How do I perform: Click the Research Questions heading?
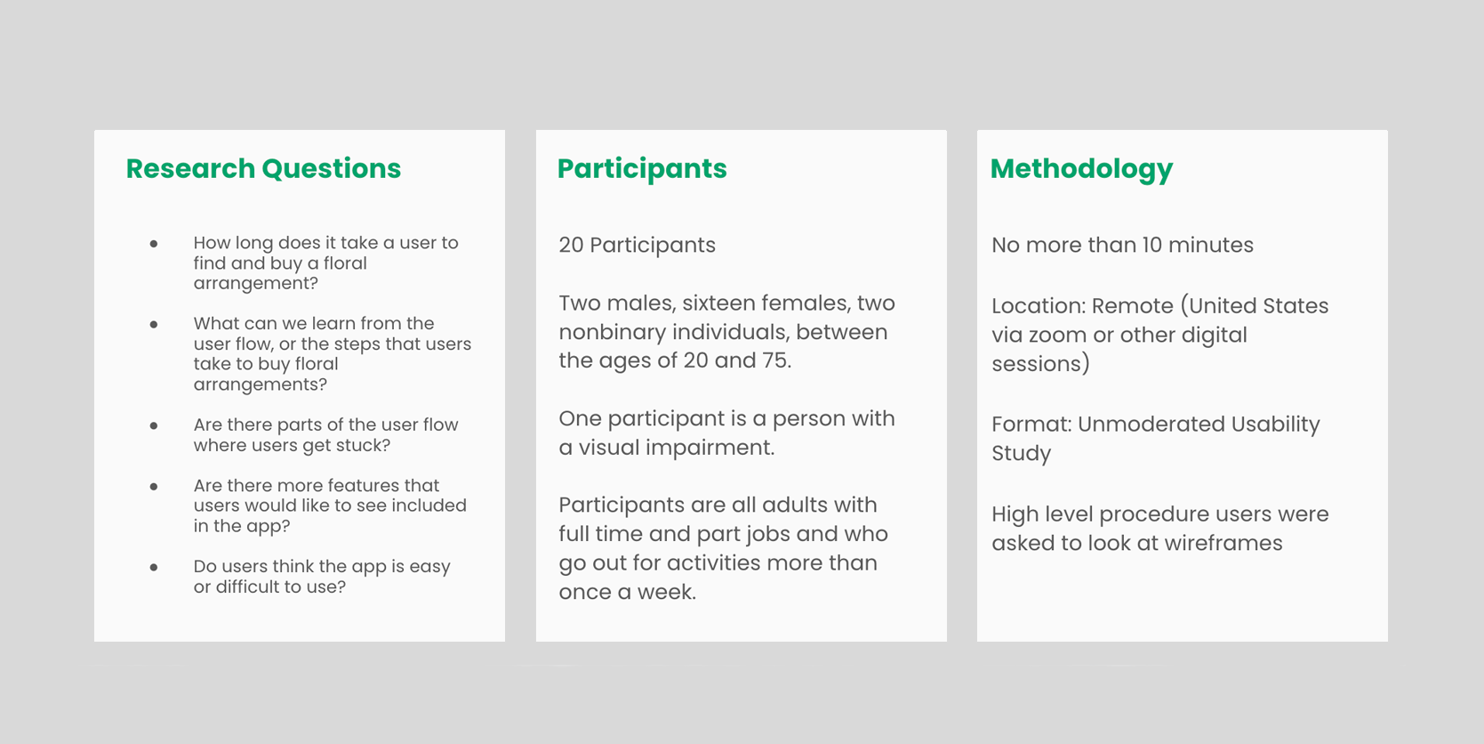[x=263, y=168]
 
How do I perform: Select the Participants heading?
[x=642, y=169]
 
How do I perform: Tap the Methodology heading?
[x=1081, y=169]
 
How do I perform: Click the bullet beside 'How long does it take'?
[x=154, y=243]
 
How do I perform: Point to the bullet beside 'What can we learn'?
[x=154, y=324]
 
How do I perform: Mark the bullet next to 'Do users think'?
[x=154, y=567]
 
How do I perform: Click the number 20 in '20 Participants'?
[x=571, y=245]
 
